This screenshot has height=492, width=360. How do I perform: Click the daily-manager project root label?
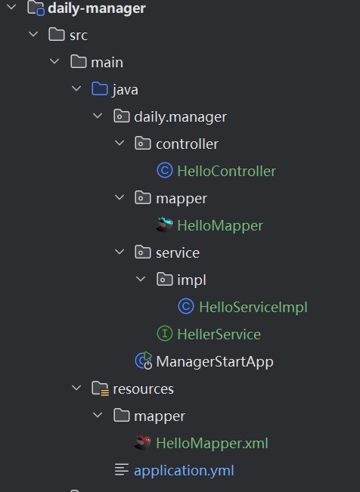tap(97, 8)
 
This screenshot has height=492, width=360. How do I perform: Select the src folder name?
tap(79, 36)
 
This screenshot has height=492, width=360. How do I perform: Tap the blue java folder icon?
tap(100, 88)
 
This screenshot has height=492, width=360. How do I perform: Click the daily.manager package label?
tap(180, 117)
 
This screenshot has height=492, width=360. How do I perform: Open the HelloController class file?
tap(226, 172)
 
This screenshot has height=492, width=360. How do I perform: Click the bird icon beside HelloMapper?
tap(165, 224)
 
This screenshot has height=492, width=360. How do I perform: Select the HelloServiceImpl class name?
tap(253, 307)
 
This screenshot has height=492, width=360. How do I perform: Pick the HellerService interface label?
tap(219, 334)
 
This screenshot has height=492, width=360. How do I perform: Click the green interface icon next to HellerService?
tap(165, 333)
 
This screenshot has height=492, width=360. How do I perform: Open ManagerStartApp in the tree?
tap(215, 362)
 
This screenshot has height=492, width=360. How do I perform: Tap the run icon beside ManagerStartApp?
tap(143, 360)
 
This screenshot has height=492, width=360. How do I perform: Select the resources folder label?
tap(143, 389)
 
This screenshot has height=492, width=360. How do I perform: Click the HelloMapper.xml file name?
tap(212, 444)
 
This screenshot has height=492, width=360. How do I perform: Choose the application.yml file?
tap(184, 471)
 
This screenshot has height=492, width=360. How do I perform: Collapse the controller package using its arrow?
tap(119, 144)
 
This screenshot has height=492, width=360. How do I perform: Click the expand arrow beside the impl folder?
tap(141, 279)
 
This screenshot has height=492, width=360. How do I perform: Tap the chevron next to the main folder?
tap(54, 61)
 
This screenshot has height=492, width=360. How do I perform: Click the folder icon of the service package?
tap(143, 252)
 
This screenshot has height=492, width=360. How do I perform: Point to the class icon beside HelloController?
tap(165, 170)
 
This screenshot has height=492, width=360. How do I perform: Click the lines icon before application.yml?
tap(122, 469)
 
